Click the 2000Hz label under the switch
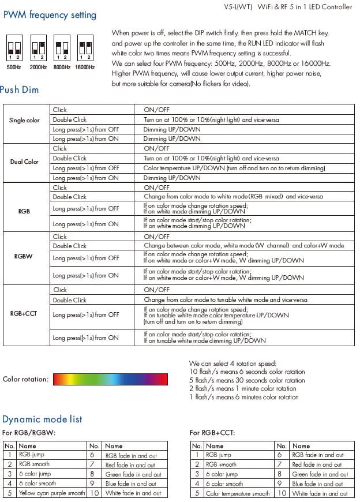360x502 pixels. point(37,68)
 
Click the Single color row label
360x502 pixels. point(25,120)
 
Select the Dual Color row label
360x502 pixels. point(25,162)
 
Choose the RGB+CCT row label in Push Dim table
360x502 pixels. point(25,314)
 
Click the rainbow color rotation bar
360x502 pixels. point(110,379)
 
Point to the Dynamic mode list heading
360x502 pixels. point(42,419)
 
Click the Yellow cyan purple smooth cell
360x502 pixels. point(51,493)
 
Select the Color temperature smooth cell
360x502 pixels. point(237,493)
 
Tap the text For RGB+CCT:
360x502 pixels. point(212,433)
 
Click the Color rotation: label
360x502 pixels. point(25,379)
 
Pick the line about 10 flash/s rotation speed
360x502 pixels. point(247,372)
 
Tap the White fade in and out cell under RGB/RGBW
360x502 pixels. point(133,493)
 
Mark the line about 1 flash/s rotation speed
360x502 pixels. point(244,397)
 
